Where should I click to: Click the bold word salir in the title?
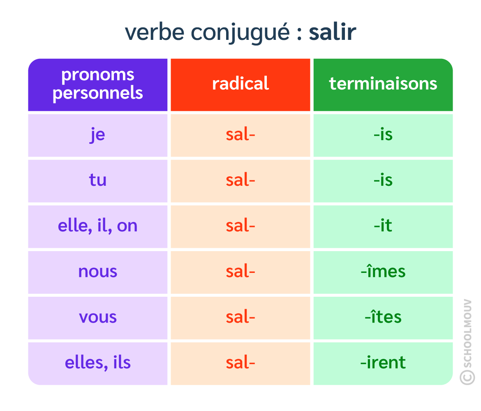click(332, 32)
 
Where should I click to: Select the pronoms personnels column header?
click(98, 84)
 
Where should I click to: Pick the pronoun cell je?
click(98, 135)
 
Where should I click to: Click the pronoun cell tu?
click(98, 180)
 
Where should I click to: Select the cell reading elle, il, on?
click(98, 226)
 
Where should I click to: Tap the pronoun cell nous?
click(98, 272)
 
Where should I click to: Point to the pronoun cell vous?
click(98, 317)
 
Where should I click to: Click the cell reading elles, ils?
click(98, 363)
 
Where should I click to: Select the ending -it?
click(383, 226)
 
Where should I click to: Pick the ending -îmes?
click(383, 272)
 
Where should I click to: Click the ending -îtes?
click(383, 317)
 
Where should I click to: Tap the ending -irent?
click(383, 363)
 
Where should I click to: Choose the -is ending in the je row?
click(383, 135)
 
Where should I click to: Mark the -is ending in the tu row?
click(383, 180)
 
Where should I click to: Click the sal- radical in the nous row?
click(240, 272)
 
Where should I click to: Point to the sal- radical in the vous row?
click(240, 317)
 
